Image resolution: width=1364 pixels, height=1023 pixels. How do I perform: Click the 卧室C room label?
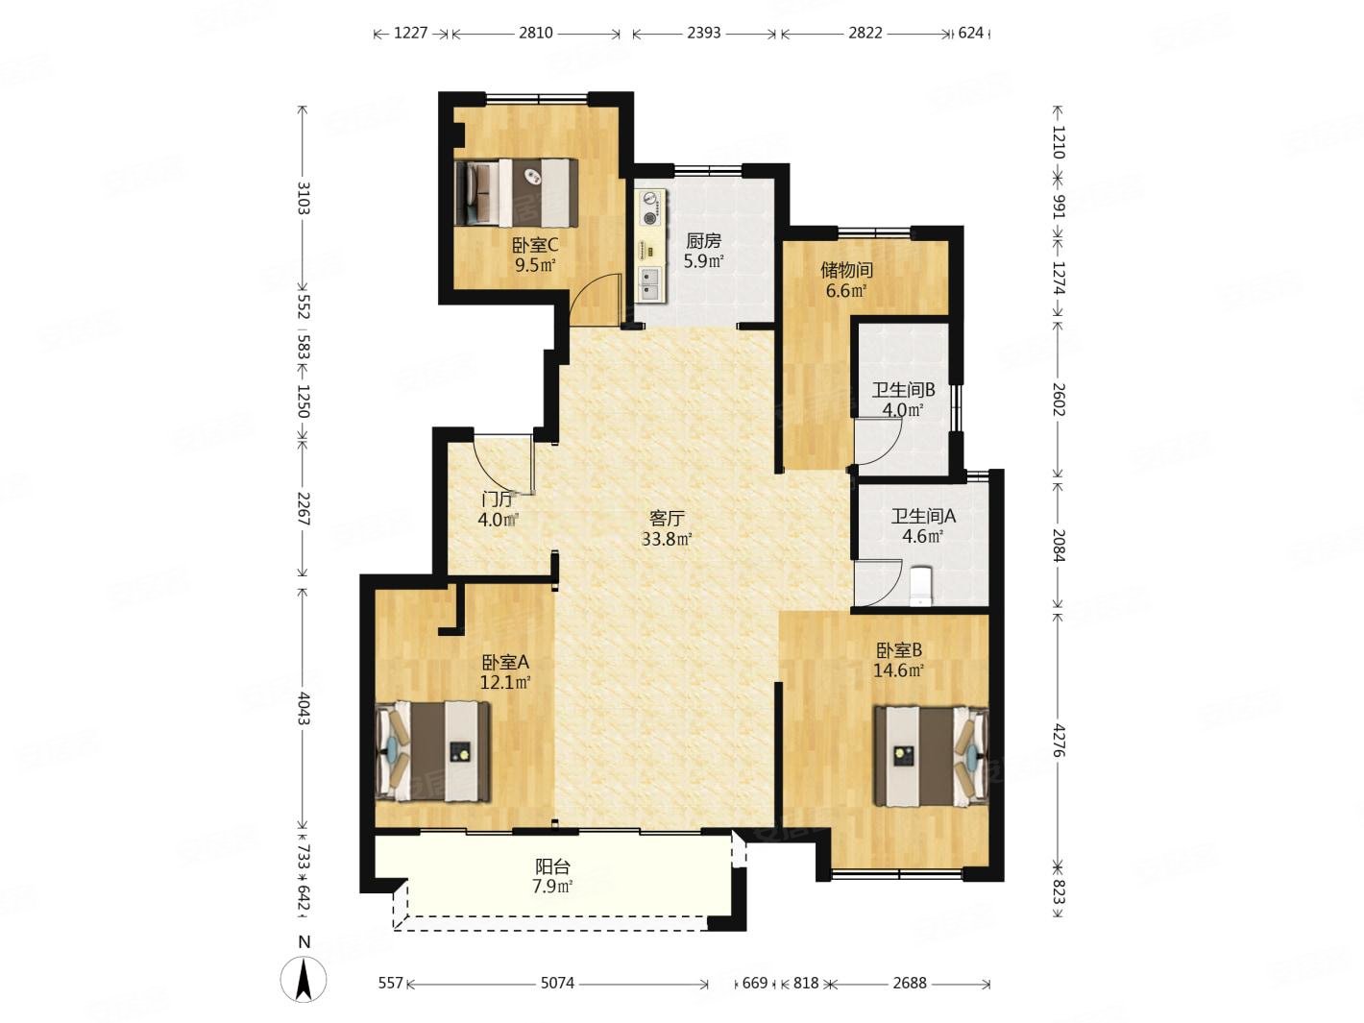tap(534, 245)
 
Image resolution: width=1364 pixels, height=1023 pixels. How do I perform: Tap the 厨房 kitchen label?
tap(703, 240)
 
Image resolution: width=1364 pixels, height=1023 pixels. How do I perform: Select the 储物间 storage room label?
tap(845, 270)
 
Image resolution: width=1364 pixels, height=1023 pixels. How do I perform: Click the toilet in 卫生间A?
tap(920, 585)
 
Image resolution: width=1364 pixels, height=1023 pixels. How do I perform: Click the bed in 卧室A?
tap(433, 751)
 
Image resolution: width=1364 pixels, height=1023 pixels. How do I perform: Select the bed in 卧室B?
tap(930, 755)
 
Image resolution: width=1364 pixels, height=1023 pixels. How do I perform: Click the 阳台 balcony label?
tap(552, 866)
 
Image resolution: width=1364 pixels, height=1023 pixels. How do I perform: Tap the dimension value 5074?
tap(557, 983)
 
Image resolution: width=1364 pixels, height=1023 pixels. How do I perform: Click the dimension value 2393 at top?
tap(703, 33)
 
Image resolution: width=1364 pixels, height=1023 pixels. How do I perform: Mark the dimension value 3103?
tap(304, 198)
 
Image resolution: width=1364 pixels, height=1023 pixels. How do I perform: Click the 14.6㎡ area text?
tap(898, 670)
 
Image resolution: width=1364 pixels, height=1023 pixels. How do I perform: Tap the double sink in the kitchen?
tap(649, 284)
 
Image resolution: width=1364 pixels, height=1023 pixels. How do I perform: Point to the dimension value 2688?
tap(909, 983)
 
